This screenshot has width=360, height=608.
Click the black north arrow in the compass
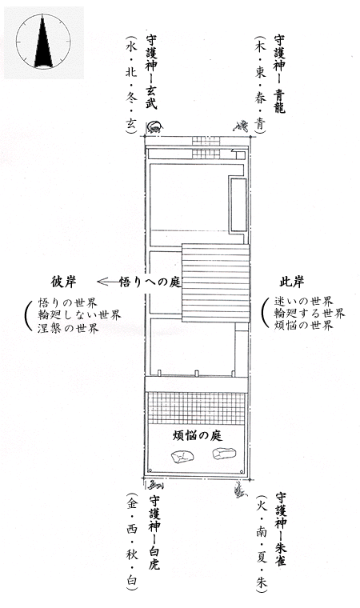[43, 42]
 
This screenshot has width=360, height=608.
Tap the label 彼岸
[63, 282]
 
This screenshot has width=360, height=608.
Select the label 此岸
[292, 282]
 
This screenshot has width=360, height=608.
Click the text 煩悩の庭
[198, 436]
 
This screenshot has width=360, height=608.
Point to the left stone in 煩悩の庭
[182, 456]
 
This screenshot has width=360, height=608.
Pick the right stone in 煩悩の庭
[224, 454]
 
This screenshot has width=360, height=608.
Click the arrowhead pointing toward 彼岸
[102, 282]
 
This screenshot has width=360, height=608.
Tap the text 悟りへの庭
[150, 282]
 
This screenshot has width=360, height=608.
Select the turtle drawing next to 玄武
[155, 126]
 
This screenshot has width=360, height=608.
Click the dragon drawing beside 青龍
[241, 126]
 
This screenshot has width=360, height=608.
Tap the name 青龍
[279, 101]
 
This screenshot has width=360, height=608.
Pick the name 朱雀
[282, 554]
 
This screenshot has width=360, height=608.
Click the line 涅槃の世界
[68, 329]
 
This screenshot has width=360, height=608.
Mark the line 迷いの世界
[303, 301]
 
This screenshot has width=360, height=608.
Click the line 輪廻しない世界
[79, 314]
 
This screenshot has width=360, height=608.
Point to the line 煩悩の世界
[303, 325]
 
